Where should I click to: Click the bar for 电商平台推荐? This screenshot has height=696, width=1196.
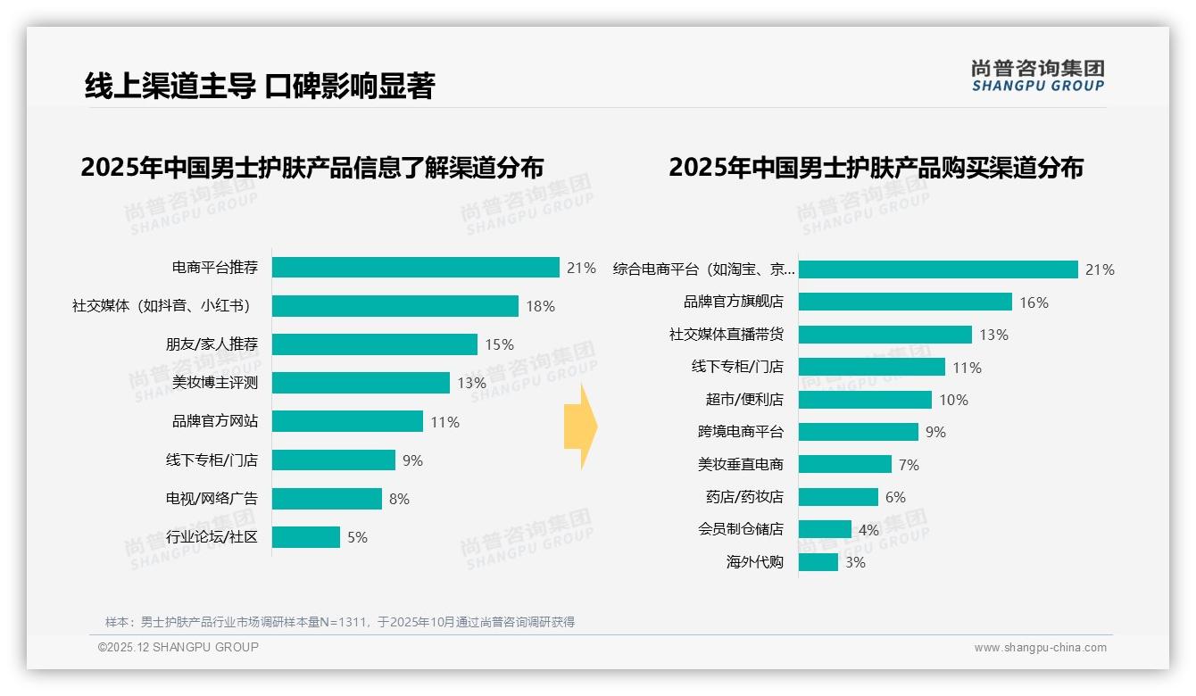415,268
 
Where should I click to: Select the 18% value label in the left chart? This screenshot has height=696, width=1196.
540,306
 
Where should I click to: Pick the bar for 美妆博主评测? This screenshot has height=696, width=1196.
361,383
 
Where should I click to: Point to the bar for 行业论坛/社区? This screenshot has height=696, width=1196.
306,537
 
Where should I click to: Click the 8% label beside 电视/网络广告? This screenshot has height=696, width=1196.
399,499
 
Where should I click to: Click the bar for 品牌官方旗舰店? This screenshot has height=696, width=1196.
905,302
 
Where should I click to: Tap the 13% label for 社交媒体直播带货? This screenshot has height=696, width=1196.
993,335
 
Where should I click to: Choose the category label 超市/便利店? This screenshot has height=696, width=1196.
744,400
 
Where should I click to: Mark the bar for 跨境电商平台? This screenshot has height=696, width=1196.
858,432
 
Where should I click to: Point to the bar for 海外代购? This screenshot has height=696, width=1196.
818,562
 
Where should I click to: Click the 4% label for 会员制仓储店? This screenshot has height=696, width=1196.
868,530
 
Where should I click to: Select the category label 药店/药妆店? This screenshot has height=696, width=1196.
744,497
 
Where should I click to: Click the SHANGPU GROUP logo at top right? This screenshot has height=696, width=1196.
1038,76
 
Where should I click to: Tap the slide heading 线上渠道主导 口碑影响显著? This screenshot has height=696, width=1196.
259,86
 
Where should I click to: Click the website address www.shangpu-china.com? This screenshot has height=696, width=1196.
1040,648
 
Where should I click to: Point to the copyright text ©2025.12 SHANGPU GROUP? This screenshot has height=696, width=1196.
179,647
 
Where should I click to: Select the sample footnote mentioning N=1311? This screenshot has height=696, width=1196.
340,622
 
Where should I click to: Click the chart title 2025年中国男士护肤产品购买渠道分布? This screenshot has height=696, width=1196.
876,168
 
